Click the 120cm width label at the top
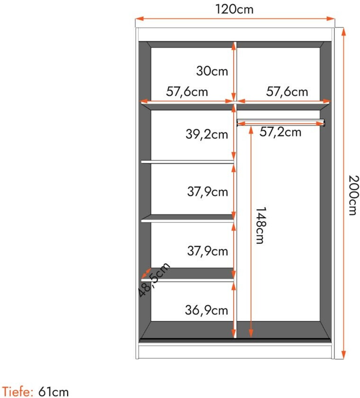(x=235, y=9)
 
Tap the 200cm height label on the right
(x=353, y=195)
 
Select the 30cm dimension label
(x=212, y=71)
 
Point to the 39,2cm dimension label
(x=207, y=134)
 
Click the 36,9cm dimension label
(x=206, y=310)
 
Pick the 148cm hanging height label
(x=261, y=225)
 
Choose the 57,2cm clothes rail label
(x=281, y=132)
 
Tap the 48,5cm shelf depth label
(x=154, y=279)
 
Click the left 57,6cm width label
(x=187, y=91)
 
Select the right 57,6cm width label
(x=287, y=91)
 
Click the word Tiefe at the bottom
(x=18, y=391)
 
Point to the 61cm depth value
(x=53, y=391)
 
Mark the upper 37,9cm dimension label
(x=208, y=191)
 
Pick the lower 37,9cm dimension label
(x=208, y=251)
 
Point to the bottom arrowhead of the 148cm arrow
(x=251, y=333)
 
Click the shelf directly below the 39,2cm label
(x=187, y=162)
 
